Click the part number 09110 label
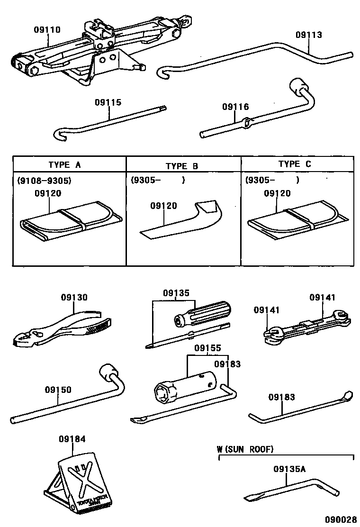[x=47, y=29]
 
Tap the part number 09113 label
[x=308, y=35]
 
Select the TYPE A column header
[x=64, y=165]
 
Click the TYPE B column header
[x=182, y=166]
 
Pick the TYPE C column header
[x=295, y=164]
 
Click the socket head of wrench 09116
[x=298, y=87]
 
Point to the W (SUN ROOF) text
[x=245, y=449]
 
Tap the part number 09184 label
[x=72, y=439]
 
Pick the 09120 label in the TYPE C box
[x=277, y=193]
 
